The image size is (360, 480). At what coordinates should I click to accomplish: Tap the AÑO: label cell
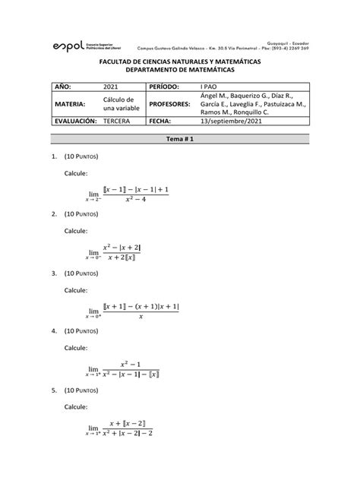click(65, 88)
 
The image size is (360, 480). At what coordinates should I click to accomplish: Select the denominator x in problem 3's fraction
click(141, 317)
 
